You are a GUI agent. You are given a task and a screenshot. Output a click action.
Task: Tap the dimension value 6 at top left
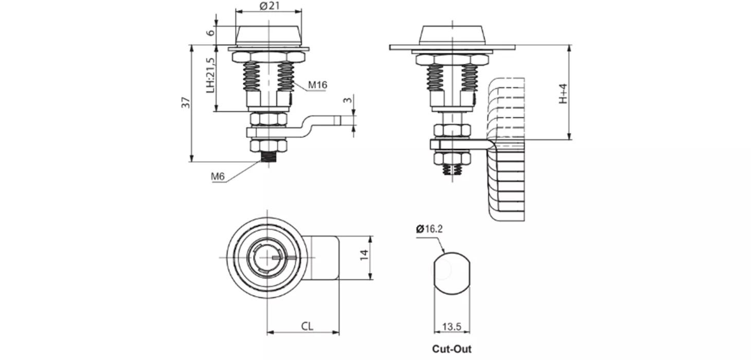point(209,32)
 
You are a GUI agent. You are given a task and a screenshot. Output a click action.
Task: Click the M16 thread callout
point(317,85)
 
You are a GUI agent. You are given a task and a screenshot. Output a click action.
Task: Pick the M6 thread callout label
point(218,176)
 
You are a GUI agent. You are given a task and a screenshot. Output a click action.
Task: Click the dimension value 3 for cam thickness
point(349,100)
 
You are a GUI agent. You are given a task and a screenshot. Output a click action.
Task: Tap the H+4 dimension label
point(563,93)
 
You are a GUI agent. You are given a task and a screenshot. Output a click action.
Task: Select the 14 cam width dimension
point(364,255)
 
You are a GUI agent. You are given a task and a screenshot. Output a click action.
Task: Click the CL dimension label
point(307,326)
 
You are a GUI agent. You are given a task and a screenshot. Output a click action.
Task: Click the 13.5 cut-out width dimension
point(451,327)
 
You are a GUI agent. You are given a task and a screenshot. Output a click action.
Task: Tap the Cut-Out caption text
point(451,349)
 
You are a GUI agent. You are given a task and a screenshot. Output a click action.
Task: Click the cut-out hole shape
point(451,272)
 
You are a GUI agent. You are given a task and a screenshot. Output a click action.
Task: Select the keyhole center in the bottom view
point(267,257)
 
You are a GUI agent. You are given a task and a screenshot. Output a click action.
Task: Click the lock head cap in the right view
point(452,35)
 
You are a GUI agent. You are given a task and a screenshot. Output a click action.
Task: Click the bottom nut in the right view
point(452,158)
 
